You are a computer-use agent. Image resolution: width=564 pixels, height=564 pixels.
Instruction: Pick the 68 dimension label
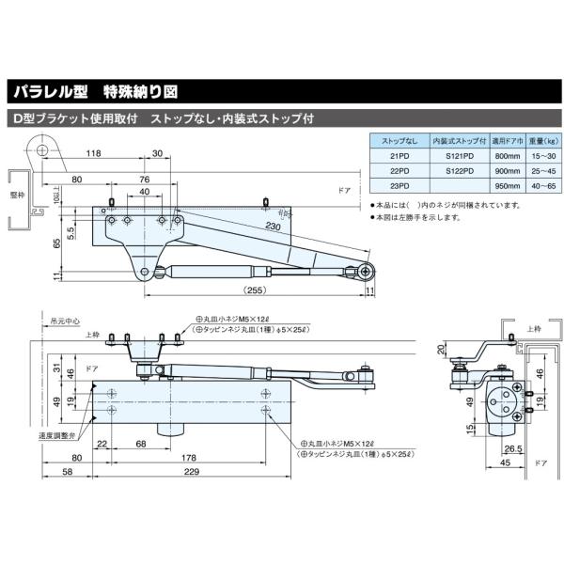click(x=139, y=444)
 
